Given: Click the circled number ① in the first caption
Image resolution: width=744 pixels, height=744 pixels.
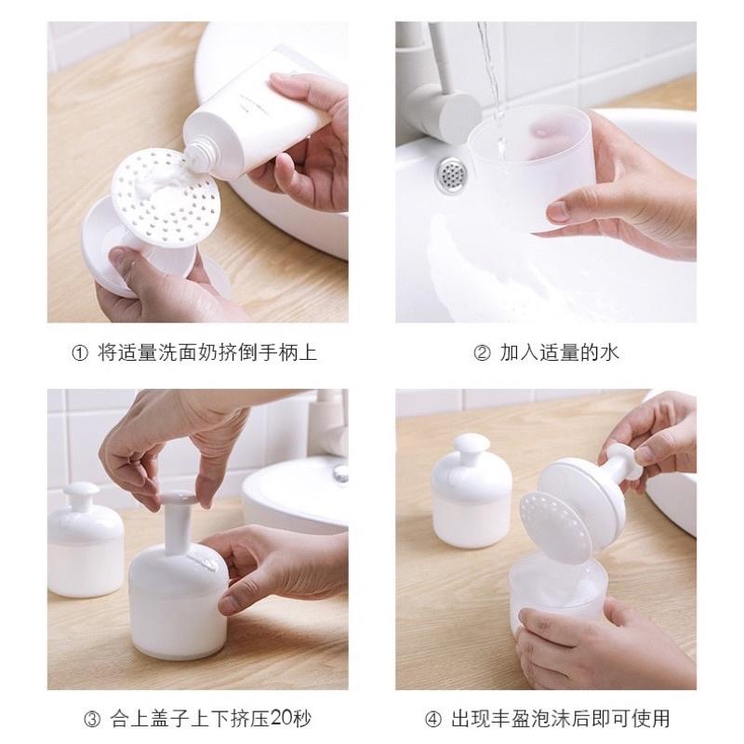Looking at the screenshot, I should click(79, 352).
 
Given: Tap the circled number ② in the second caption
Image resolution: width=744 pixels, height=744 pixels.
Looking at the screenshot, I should click(483, 352).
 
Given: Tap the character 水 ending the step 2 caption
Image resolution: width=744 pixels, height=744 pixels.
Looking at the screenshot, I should click(610, 352).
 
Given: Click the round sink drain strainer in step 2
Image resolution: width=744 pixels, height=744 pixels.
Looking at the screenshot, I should click(453, 171).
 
